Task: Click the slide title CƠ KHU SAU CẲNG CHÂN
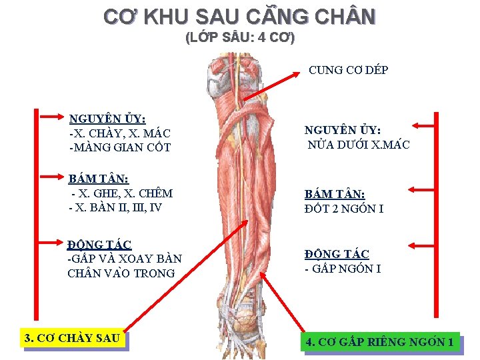tap(239, 16)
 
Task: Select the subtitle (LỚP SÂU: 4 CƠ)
tap(239, 37)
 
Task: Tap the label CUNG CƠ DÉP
tap(348, 70)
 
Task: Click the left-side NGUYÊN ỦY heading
tap(107, 119)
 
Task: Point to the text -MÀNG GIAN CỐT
tap(120, 147)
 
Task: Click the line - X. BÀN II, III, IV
tap(115, 207)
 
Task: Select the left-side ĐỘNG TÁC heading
tap(99, 245)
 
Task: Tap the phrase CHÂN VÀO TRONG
tap(121, 273)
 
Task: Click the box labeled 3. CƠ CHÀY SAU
tap(72, 338)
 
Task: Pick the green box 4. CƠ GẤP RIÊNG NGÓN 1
tap(380, 343)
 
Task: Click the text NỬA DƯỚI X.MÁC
tap(358, 144)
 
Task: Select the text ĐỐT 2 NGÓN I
tap(343, 209)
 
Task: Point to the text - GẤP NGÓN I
tap(343, 269)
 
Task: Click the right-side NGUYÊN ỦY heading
tap(343, 130)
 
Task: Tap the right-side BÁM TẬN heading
tap(335, 195)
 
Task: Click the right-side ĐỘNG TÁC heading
tap(337, 254)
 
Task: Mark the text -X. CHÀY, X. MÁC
tap(119, 133)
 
